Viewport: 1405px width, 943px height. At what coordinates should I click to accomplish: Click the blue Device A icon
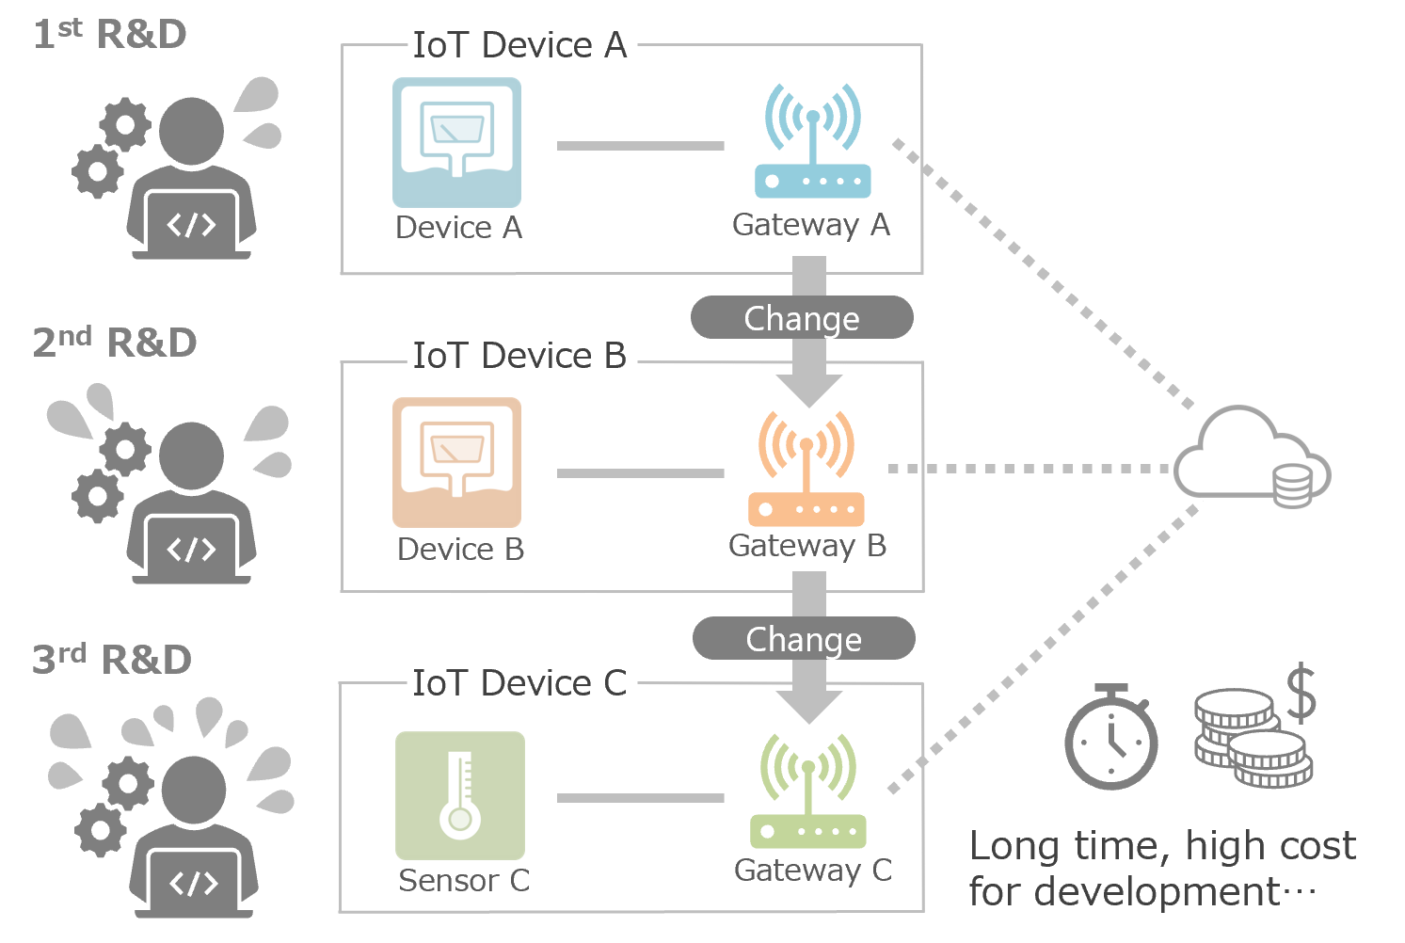coord(456,142)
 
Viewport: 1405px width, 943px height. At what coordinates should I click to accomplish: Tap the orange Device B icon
coord(456,462)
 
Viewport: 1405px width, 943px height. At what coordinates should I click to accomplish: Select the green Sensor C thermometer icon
coord(459,795)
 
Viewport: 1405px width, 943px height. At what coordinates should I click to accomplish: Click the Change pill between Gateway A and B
coord(802,318)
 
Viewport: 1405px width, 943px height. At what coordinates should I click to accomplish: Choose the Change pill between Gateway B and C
coord(804,639)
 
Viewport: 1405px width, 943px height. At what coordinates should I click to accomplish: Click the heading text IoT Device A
coord(519,45)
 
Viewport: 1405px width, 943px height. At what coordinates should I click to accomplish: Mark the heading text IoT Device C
coord(519,683)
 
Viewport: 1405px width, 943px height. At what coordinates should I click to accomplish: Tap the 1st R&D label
coord(110,35)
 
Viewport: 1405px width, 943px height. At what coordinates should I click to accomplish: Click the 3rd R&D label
coord(112,660)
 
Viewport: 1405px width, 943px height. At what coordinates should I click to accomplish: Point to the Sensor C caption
coord(464,881)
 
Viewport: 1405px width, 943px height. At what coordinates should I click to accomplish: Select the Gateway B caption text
coord(807,546)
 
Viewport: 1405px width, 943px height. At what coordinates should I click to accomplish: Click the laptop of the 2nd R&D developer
coord(192,551)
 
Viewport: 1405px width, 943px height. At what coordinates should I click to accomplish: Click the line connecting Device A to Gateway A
coord(641,146)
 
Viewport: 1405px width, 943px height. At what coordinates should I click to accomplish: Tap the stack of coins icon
coord(1252,739)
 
